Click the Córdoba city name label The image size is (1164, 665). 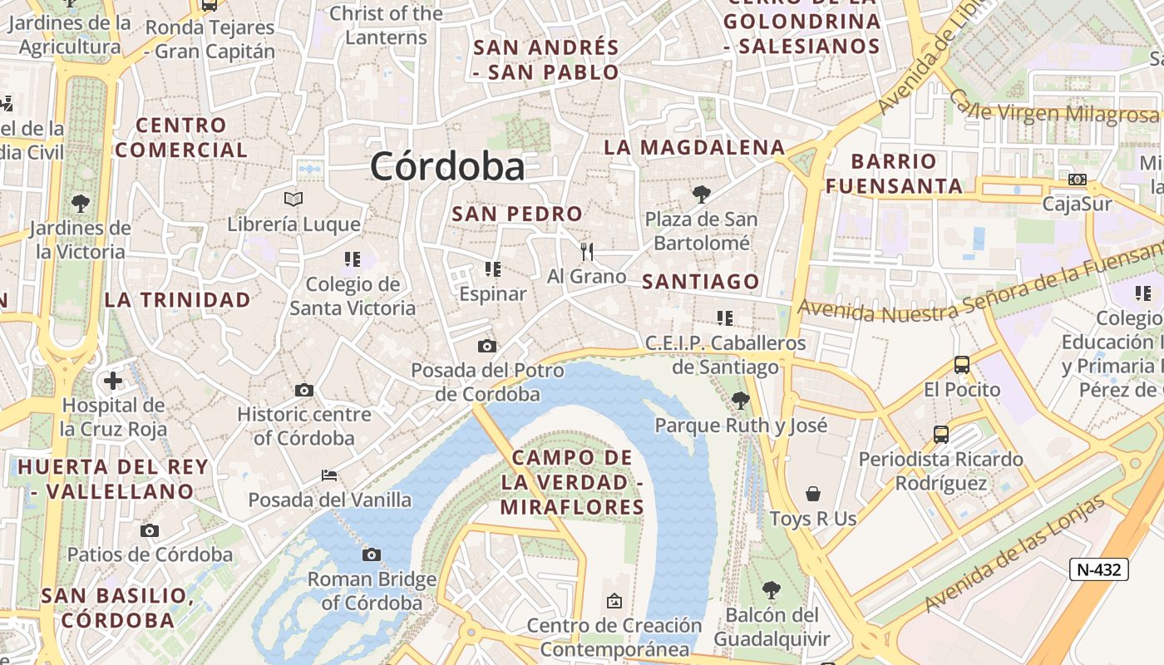[x=447, y=166]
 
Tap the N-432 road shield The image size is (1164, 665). [x=1098, y=569]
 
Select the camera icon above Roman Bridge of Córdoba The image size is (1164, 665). [x=372, y=554]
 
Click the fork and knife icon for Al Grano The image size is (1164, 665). [x=587, y=251]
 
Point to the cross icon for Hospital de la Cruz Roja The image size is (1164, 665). [x=113, y=382]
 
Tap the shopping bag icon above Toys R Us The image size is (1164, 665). [x=813, y=494]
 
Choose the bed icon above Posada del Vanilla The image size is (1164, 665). [x=329, y=475]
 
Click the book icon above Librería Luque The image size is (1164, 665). [x=293, y=199]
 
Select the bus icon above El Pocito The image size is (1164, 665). [x=962, y=364]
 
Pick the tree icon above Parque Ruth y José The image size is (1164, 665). [x=740, y=401]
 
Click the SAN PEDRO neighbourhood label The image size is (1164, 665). [x=517, y=214]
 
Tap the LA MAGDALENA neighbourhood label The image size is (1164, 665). [x=694, y=148]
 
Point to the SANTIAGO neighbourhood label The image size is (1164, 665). [x=702, y=282]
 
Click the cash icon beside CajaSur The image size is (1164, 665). [x=1078, y=180]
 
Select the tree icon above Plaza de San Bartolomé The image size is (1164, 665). [x=702, y=195]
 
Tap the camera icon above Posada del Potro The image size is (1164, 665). [x=487, y=346]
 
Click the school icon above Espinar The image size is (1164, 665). [x=493, y=269]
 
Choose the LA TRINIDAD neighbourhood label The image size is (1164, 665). [x=178, y=300]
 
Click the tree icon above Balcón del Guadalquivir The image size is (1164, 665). [x=772, y=590]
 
